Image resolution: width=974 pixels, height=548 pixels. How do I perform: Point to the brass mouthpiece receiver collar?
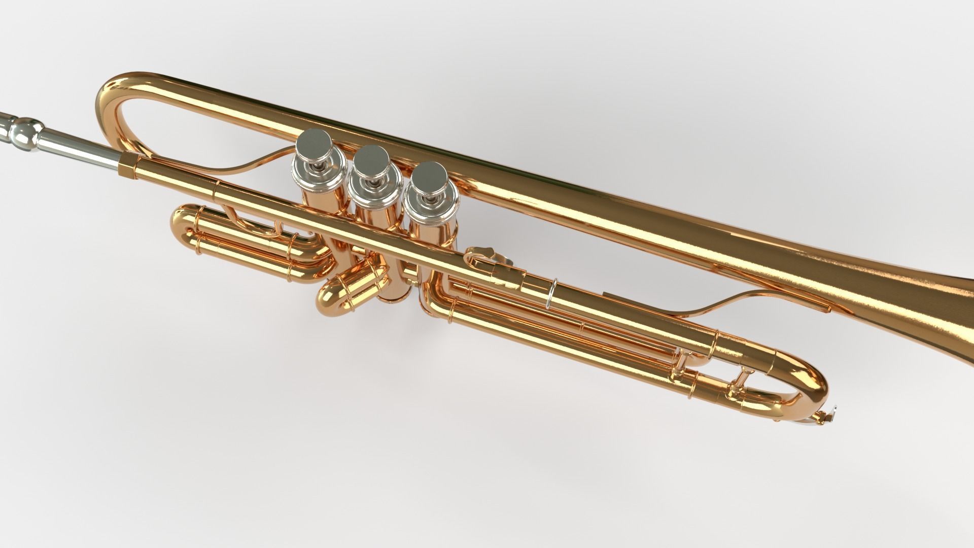click(x=128, y=166)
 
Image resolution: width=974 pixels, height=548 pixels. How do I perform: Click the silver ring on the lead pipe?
click(x=552, y=293)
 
